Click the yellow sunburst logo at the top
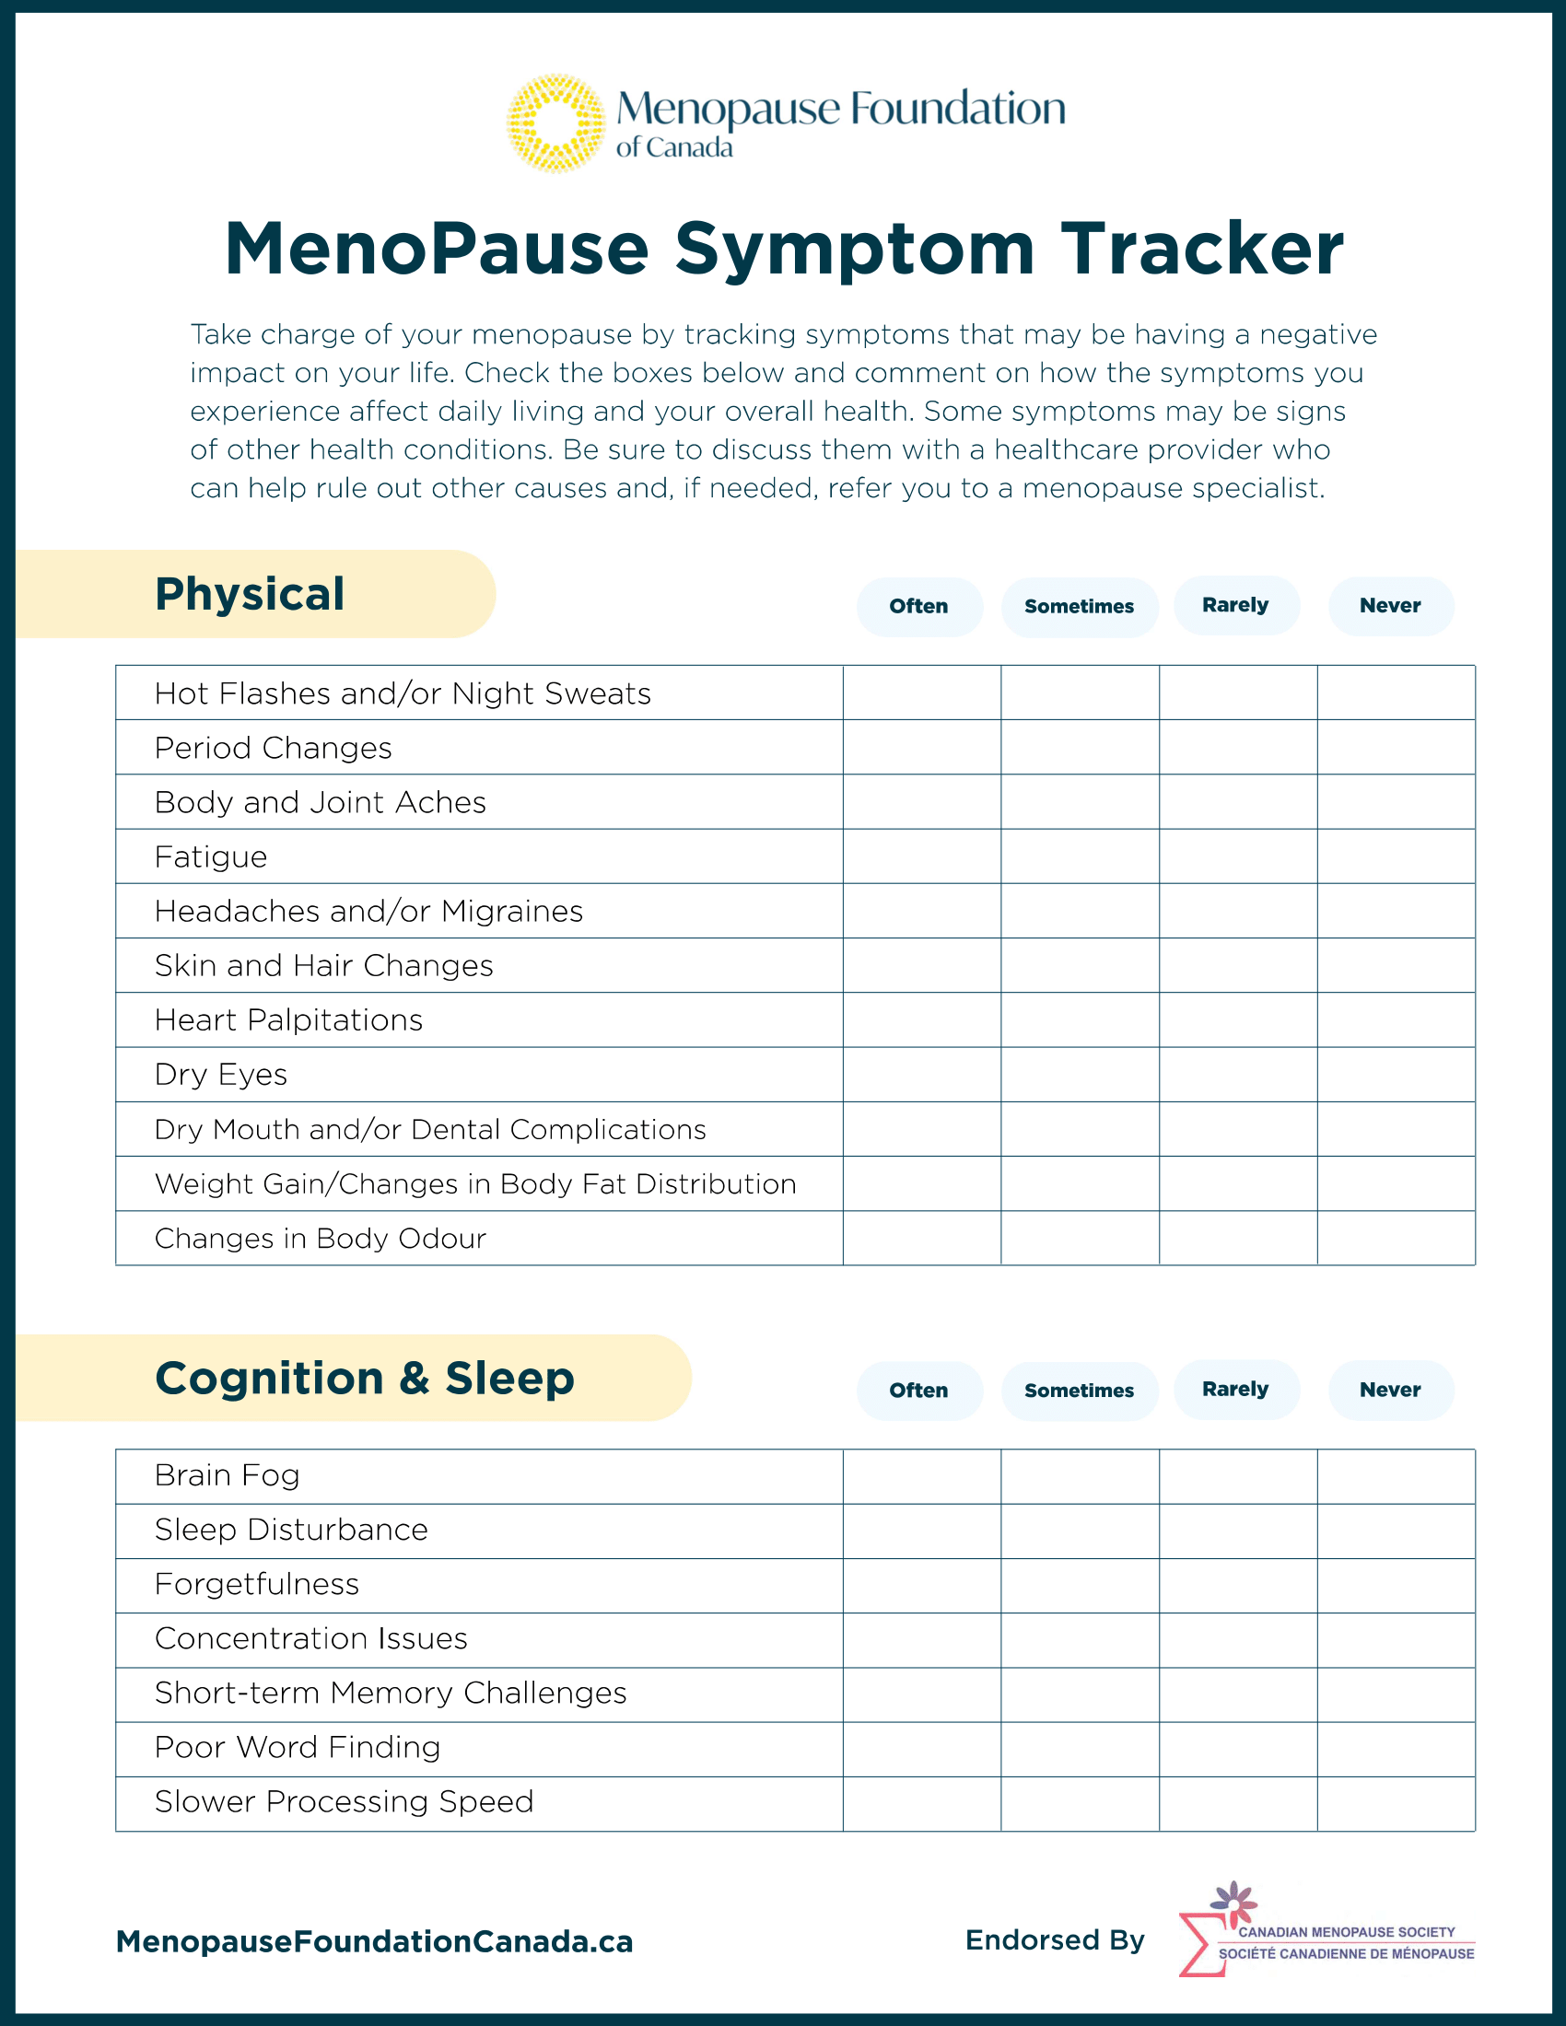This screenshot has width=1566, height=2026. [555, 123]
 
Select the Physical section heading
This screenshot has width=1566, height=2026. [250, 594]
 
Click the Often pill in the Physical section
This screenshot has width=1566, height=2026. [918, 607]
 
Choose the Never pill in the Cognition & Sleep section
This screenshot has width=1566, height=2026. [1390, 1390]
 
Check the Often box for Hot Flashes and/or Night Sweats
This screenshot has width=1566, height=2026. [922, 693]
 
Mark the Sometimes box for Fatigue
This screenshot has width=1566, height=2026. [1080, 856]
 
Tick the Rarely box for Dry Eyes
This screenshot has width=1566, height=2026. [1237, 1074]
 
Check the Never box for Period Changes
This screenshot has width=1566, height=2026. [1396, 748]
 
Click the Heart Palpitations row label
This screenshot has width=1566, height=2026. [288, 1020]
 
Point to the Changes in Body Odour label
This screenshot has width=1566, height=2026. [320, 1239]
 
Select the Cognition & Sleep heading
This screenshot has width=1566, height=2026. [365, 1379]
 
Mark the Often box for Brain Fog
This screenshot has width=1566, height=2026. [922, 1476]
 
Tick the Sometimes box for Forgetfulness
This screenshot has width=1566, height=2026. [1080, 1586]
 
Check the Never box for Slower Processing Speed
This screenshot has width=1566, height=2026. [1396, 1803]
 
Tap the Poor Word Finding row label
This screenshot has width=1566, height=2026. [297, 1748]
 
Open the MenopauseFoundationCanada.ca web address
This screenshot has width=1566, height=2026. [374, 1941]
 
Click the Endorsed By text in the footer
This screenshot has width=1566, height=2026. [1055, 1940]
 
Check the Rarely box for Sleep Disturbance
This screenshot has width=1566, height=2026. [1237, 1531]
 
